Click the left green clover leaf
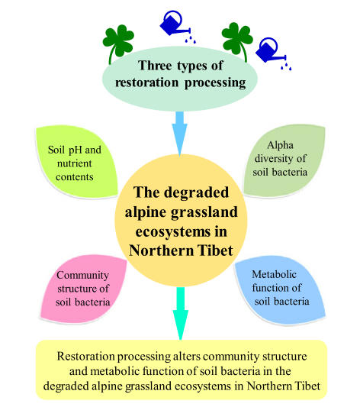coord(118,41)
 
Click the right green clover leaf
coord(237,39)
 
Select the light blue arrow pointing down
coord(179,134)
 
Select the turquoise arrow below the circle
coord(181,313)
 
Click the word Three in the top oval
coord(155,65)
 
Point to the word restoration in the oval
coord(146,82)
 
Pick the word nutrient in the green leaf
coord(75,163)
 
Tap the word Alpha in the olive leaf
coord(280,145)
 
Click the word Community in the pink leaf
coord(82,276)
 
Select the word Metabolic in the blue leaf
coord(275,274)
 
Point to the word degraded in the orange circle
coord(197,193)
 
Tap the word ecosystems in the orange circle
coord(172,232)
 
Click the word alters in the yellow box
coord(185,357)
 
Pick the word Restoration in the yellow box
coord(85,357)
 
